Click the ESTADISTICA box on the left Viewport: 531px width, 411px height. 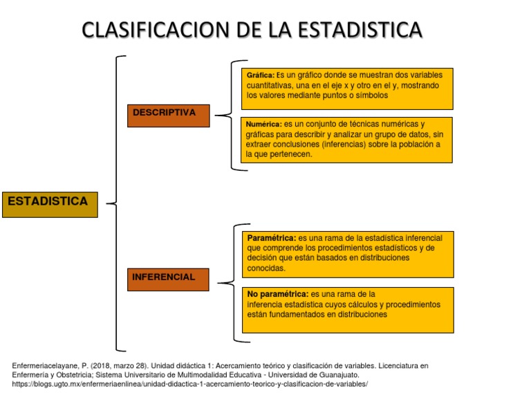(49, 203)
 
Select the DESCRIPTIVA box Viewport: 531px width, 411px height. (167, 114)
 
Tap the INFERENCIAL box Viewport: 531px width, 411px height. (167, 278)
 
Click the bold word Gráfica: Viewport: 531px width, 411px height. (261, 75)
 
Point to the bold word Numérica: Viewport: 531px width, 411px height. (263, 124)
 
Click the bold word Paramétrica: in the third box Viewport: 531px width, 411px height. (272, 237)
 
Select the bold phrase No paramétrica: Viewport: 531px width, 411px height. (278, 293)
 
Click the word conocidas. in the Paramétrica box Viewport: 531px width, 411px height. (265, 268)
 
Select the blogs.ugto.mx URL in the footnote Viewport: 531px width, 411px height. (190, 384)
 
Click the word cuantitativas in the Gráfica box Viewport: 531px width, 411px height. (272, 85)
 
